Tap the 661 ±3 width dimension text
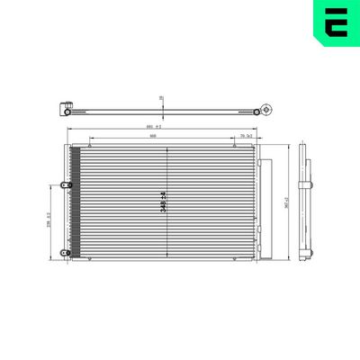pos(154,128)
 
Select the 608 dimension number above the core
pos(154,138)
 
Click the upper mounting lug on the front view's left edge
pos(63,184)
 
